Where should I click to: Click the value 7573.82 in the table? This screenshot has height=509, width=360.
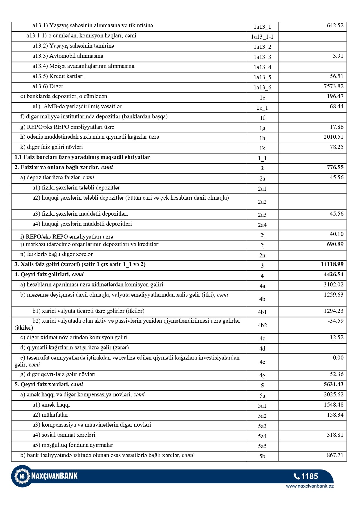tap(333, 86)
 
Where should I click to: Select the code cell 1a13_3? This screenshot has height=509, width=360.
tap(262, 57)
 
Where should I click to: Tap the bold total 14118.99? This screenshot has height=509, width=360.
tap(332, 264)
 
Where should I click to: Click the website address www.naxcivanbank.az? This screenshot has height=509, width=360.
tap(310, 486)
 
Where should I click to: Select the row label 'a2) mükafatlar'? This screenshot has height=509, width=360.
tap(50, 415)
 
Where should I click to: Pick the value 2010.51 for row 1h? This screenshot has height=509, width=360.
tap(333, 137)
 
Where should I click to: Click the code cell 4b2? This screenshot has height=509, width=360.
tap(262, 325)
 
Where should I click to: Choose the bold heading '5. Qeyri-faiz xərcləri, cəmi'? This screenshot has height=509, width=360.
tap(49, 385)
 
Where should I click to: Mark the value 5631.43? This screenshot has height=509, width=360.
tap(333, 385)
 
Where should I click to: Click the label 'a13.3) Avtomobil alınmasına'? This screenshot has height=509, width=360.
tap(68, 56)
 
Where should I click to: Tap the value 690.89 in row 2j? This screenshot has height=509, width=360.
tap(335, 244)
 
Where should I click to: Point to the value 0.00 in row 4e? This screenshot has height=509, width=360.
tap(338, 358)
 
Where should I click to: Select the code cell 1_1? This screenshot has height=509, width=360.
tap(262, 158)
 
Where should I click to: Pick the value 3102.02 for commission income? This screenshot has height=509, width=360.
tap(333, 285)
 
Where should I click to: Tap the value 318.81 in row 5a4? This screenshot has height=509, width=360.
tap(335, 435)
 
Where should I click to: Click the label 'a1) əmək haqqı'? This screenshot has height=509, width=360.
tap(51, 405)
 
